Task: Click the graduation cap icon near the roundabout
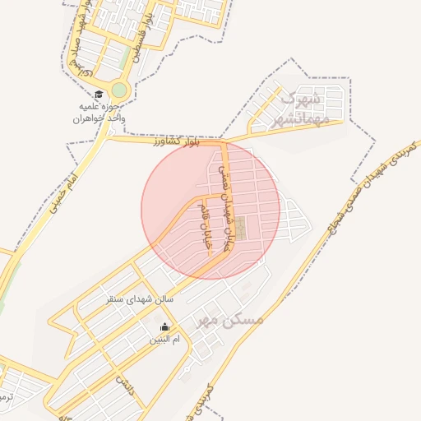99,95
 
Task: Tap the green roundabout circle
120,90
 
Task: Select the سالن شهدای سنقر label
140,299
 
